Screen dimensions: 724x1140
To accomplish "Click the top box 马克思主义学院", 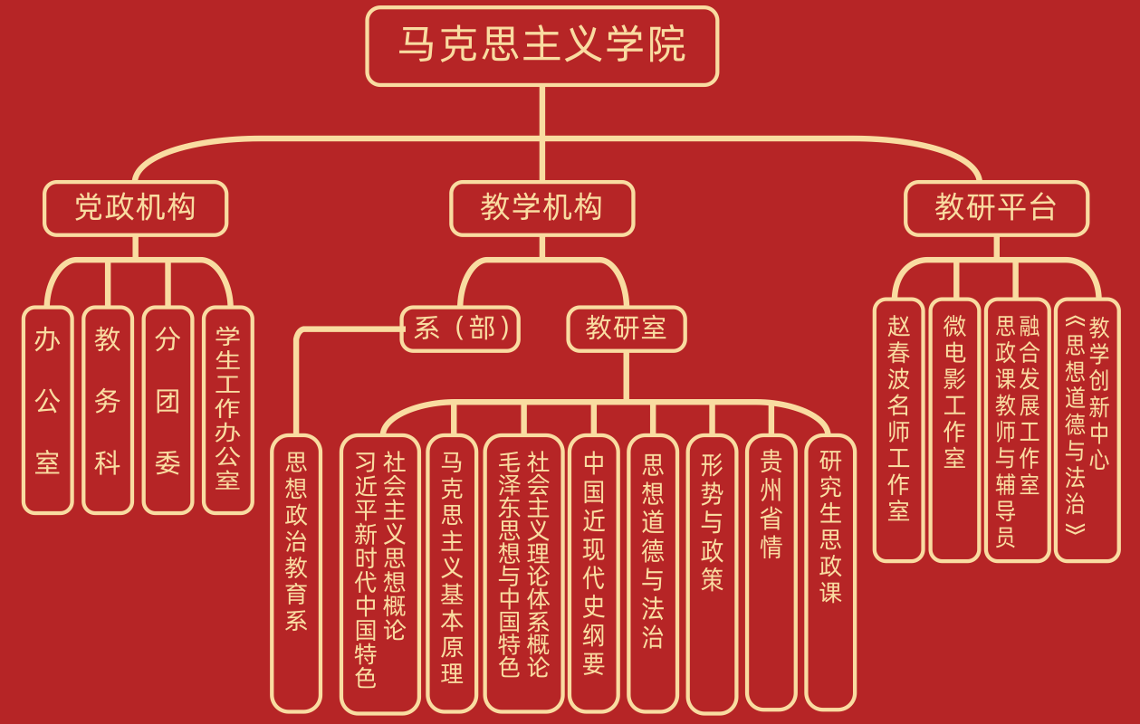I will click(541, 46).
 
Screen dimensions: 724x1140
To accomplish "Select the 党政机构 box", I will click(135, 208).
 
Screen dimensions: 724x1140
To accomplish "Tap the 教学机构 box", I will click(541, 208).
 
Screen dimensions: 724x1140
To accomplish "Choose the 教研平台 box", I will click(996, 208).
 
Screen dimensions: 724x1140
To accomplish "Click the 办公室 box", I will click(47, 410).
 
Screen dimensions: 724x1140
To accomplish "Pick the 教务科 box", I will click(107, 410).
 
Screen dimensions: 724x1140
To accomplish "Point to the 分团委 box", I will click(168, 410).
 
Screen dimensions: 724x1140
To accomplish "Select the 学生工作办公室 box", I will click(227, 410).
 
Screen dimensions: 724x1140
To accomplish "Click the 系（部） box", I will click(460, 329).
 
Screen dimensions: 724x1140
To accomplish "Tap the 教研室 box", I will click(626, 329).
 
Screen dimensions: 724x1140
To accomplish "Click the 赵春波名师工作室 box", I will click(898, 430).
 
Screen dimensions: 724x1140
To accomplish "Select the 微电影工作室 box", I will click(954, 430).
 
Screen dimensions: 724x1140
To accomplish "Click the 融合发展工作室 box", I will click(1017, 430).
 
